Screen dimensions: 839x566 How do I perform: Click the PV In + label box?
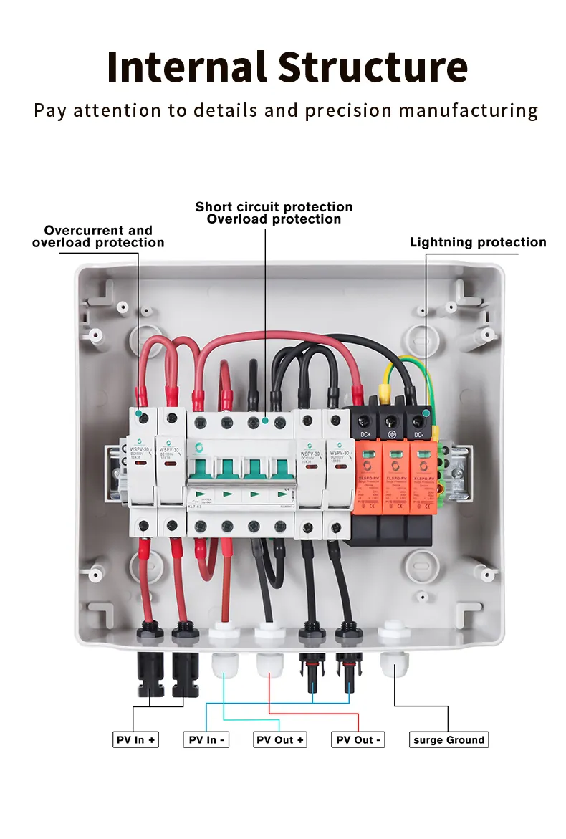(135, 739)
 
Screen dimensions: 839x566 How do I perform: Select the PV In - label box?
(206, 739)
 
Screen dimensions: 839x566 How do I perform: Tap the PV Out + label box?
(280, 739)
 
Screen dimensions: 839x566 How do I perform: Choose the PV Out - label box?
(358, 739)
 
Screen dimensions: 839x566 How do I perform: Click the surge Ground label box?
(449, 739)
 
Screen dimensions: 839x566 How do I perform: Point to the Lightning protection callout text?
(477, 242)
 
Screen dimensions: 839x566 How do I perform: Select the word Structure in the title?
(373, 67)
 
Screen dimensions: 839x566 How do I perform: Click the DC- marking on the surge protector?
(418, 434)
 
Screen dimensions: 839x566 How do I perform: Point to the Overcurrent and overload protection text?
(98, 236)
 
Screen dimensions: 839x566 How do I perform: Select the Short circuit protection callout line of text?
(274, 207)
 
